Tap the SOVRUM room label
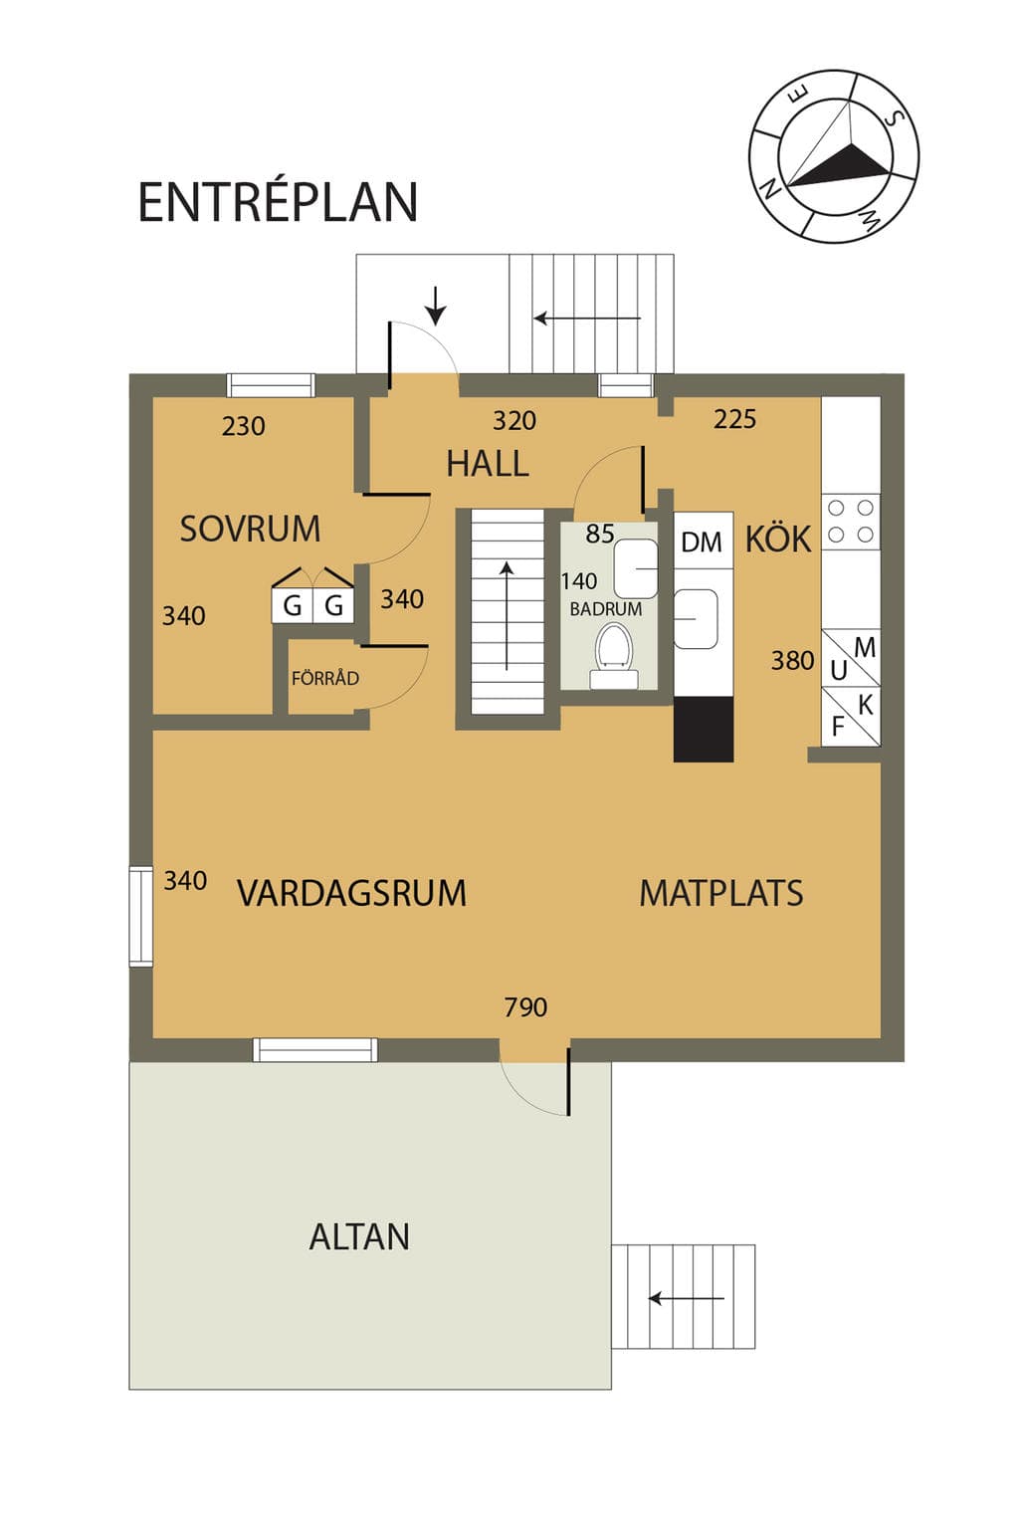[x=250, y=529]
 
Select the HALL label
[x=488, y=464]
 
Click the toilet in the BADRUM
[x=614, y=655]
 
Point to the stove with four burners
[x=851, y=522]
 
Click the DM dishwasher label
[x=701, y=543]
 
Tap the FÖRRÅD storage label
[x=324, y=678]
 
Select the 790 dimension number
[x=525, y=1007]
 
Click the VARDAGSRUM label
[x=351, y=893]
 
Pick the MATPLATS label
[x=721, y=893]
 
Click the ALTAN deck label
[x=359, y=1237]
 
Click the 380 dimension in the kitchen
[x=792, y=660]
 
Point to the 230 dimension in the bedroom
[x=243, y=427]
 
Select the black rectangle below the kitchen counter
[x=704, y=729]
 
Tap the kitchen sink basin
[x=696, y=619]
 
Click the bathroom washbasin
[x=636, y=568]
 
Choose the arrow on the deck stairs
[x=686, y=1298]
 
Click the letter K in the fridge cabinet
[x=865, y=705]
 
